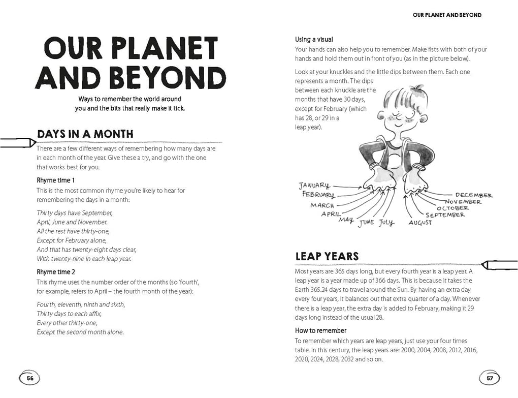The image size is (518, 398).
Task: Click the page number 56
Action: tap(29, 378)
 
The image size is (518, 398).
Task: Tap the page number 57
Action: tap(490, 378)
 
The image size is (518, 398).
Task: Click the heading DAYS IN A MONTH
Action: tap(85, 134)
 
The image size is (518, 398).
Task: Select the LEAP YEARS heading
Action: tap(327, 257)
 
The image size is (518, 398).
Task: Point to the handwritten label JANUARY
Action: tap(314, 186)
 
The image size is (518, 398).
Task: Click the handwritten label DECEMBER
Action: tap(473, 195)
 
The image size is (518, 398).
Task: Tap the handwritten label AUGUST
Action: tap(420, 223)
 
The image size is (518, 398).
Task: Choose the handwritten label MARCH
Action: tap(322, 205)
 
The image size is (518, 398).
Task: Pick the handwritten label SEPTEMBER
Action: tap(445, 215)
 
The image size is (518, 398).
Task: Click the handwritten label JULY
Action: tap(386, 223)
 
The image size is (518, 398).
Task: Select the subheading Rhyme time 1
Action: tap(56, 180)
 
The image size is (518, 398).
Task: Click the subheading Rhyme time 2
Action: tap(56, 272)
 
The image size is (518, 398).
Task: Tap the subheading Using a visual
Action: tap(314, 40)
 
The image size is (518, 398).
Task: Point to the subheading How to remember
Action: tap(321, 330)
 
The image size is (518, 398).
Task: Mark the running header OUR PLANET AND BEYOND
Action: tap(447, 15)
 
